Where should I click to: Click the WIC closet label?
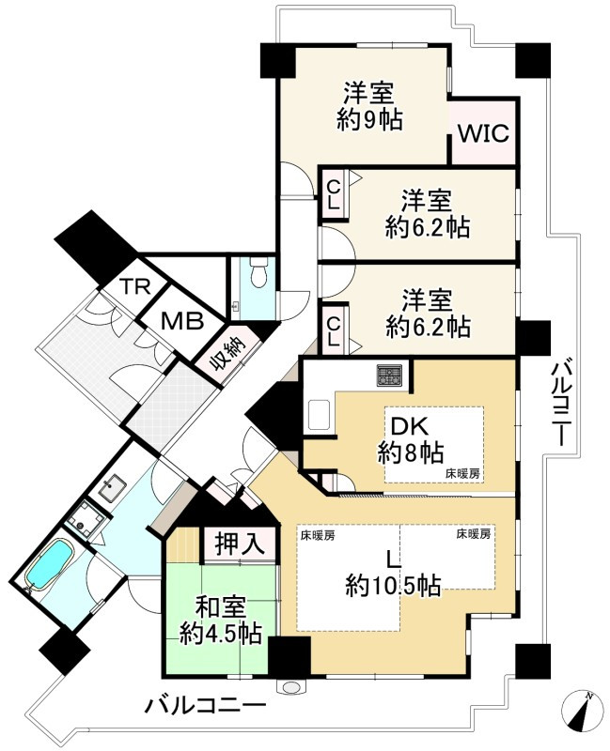pyautogui.click(x=483, y=133)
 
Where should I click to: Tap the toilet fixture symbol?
pyautogui.click(x=259, y=272)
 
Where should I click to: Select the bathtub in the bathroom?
pyautogui.click(x=49, y=564)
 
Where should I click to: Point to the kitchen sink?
pyautogui.click(x=319, y=414)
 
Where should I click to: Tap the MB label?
pyautogui.click(x=182, y=321)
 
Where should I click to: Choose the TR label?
pyautogui.click(x=135, y=286)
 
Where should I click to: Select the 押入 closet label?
pyautogui.click(x=240, y=544)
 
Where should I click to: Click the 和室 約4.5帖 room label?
pyautogui.click(x=221, y=621)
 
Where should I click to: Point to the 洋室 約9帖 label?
pyautogui.click(x=369, y=106)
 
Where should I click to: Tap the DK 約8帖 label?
pyautogui.click(x=410, y=440)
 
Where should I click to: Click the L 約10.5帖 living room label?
pyautogui.click(x=393, y=573)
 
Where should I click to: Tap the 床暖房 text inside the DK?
pyautogui.click(x=462, y=474)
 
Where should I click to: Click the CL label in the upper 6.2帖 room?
pyautogui.click(x=334, y=194)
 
